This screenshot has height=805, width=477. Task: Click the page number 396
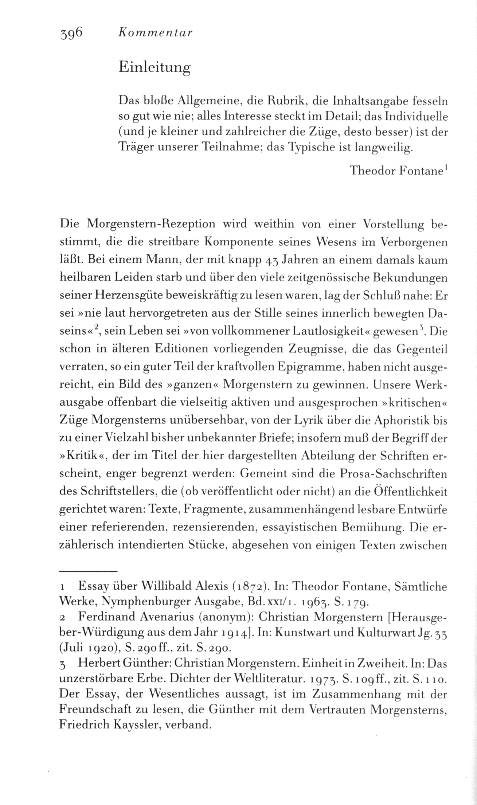[71, 33]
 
